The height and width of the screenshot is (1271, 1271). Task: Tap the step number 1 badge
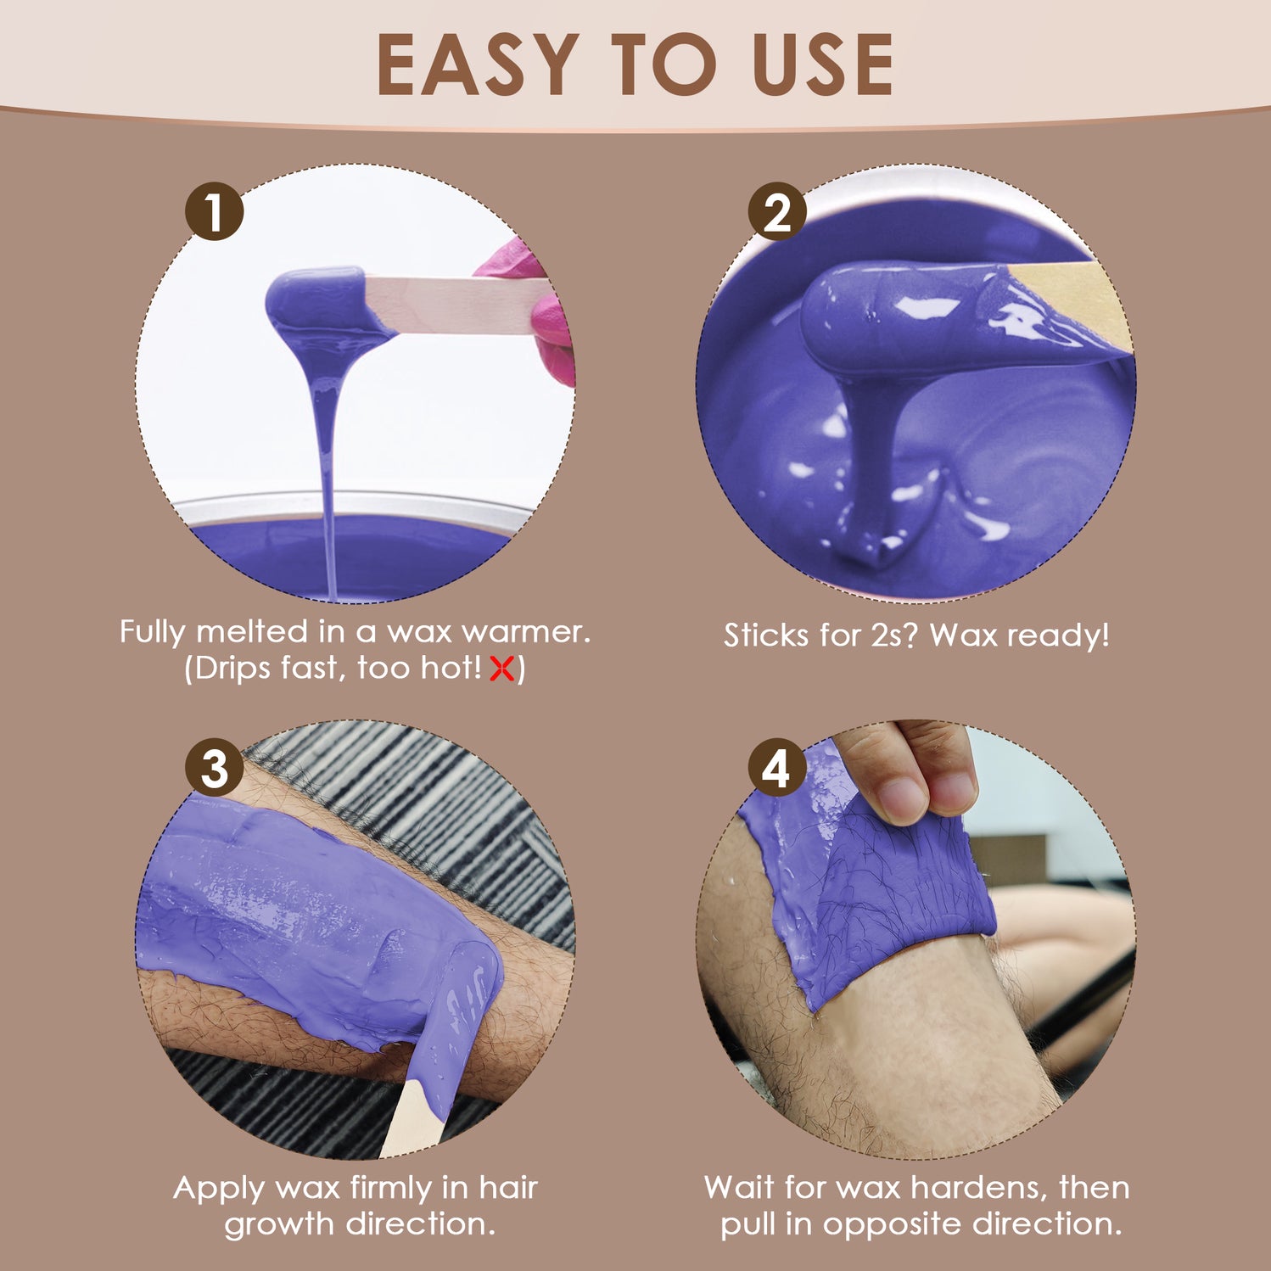(x=215, y=211)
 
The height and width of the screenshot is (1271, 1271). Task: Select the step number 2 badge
(x=777, y=211)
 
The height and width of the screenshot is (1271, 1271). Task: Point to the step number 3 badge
(x=215, y=767)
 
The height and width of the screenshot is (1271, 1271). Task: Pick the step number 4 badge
(x=777, y=767)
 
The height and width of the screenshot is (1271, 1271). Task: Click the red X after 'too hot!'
(x=502, y=669)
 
